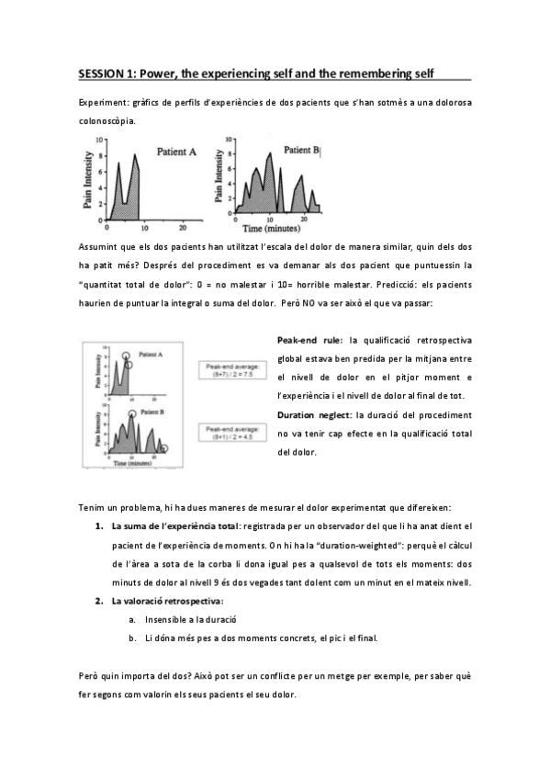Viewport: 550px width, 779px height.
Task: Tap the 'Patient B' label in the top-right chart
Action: tap(300, 149)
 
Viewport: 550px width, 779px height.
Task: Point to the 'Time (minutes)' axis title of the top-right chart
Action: tap(273, 226)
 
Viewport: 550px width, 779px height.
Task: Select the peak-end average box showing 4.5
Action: tap(233, 434)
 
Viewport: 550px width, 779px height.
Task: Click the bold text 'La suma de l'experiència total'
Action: tap(174, 526)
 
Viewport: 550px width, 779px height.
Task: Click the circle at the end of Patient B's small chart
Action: tap(165, 448)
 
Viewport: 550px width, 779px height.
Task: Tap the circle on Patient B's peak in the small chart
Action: tap(131, 414)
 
